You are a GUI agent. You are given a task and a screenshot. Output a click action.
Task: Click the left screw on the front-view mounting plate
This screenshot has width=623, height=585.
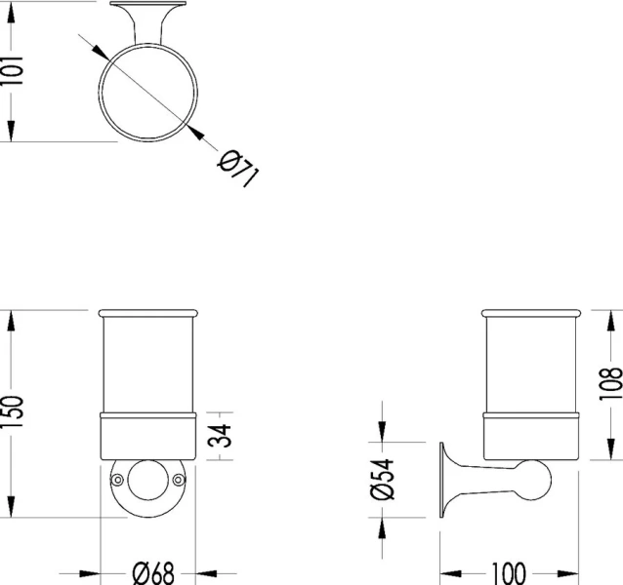[x=117, y=480]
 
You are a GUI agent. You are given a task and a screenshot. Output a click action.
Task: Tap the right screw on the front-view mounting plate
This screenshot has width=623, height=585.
[x=180, y=480]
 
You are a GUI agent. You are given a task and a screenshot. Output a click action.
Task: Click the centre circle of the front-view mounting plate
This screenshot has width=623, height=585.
[x=148, y=479]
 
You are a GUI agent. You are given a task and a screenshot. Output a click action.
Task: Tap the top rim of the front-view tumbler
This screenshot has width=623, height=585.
[x=148, y=314]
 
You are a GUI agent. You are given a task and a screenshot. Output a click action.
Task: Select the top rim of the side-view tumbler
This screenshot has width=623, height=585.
[x=532, y=314]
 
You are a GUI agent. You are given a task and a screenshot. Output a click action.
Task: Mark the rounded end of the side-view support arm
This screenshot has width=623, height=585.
[x=539, y=479]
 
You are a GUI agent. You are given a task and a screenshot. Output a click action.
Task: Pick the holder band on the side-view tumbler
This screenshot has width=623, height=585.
[x=532, y=435]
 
